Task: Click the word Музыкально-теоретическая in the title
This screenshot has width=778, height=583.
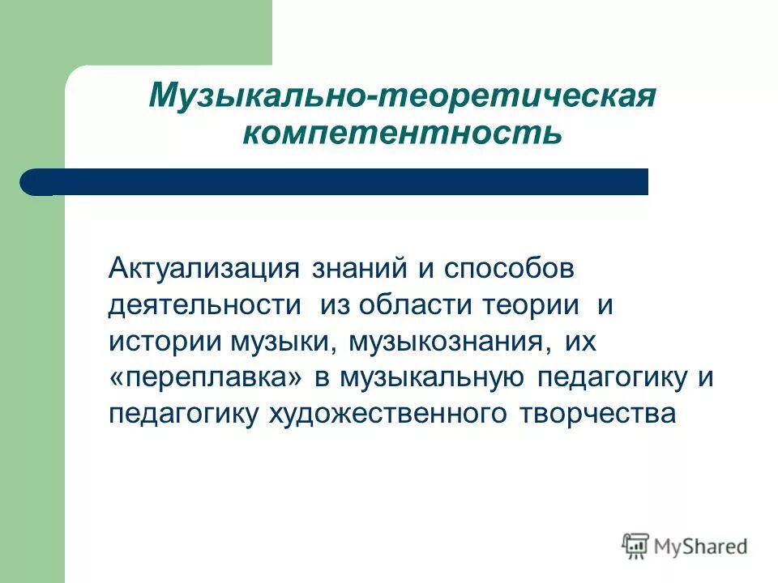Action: point(401,96)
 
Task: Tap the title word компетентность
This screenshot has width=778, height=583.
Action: point(401,132)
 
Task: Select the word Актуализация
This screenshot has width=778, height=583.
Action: point(203,268)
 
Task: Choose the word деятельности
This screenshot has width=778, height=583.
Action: point(205,305)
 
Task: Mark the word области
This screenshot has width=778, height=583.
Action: point(420,305)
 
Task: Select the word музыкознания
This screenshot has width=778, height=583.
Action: point(444,342)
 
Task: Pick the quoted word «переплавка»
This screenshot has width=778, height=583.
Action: point(208,378)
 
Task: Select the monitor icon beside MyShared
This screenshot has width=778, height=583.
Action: point(636,545)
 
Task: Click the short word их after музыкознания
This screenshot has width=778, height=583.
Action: point(579,342)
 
